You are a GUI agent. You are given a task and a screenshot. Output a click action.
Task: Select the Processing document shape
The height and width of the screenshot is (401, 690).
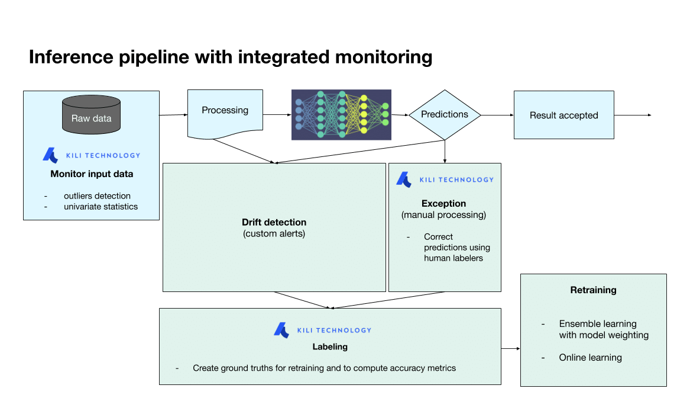(225, 113)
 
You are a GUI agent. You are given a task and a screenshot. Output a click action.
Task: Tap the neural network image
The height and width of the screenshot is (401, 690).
(341, 115)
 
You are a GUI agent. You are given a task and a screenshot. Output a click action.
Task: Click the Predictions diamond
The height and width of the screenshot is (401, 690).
(445, 115)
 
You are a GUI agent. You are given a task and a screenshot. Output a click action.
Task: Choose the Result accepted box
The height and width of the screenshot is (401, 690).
(563, 116)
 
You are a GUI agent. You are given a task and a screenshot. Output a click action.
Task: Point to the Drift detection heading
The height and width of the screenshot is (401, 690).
(274, 222)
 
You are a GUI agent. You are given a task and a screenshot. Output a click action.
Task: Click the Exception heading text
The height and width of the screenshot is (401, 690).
(443, 203)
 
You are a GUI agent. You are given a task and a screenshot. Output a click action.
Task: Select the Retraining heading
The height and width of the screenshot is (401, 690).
(593, 290)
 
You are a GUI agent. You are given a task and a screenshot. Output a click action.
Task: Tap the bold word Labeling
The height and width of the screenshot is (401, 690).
(330, 347)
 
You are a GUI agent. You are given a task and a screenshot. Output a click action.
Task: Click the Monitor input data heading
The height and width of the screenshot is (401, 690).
(92, 174)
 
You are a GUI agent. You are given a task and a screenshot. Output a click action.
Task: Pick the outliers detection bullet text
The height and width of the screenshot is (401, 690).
(97, 195)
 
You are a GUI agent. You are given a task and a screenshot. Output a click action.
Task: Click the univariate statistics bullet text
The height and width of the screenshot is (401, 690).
(101, 207)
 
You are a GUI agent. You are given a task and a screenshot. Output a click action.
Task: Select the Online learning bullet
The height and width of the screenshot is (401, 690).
(590, 357)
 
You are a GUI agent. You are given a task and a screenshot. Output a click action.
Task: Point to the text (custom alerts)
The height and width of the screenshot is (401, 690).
(274, 233)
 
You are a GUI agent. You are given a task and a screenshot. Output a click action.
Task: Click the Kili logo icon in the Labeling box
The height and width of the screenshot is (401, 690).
(281, 330)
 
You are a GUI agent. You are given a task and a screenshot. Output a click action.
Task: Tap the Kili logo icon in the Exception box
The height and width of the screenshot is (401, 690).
(404, 179)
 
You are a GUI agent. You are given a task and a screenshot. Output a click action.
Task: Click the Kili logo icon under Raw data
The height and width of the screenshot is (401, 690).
(50, 155)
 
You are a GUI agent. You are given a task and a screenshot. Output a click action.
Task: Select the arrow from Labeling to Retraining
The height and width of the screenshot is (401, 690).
(510, 349)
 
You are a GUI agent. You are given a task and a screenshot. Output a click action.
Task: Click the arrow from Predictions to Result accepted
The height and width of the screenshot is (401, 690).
(497, 115)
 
